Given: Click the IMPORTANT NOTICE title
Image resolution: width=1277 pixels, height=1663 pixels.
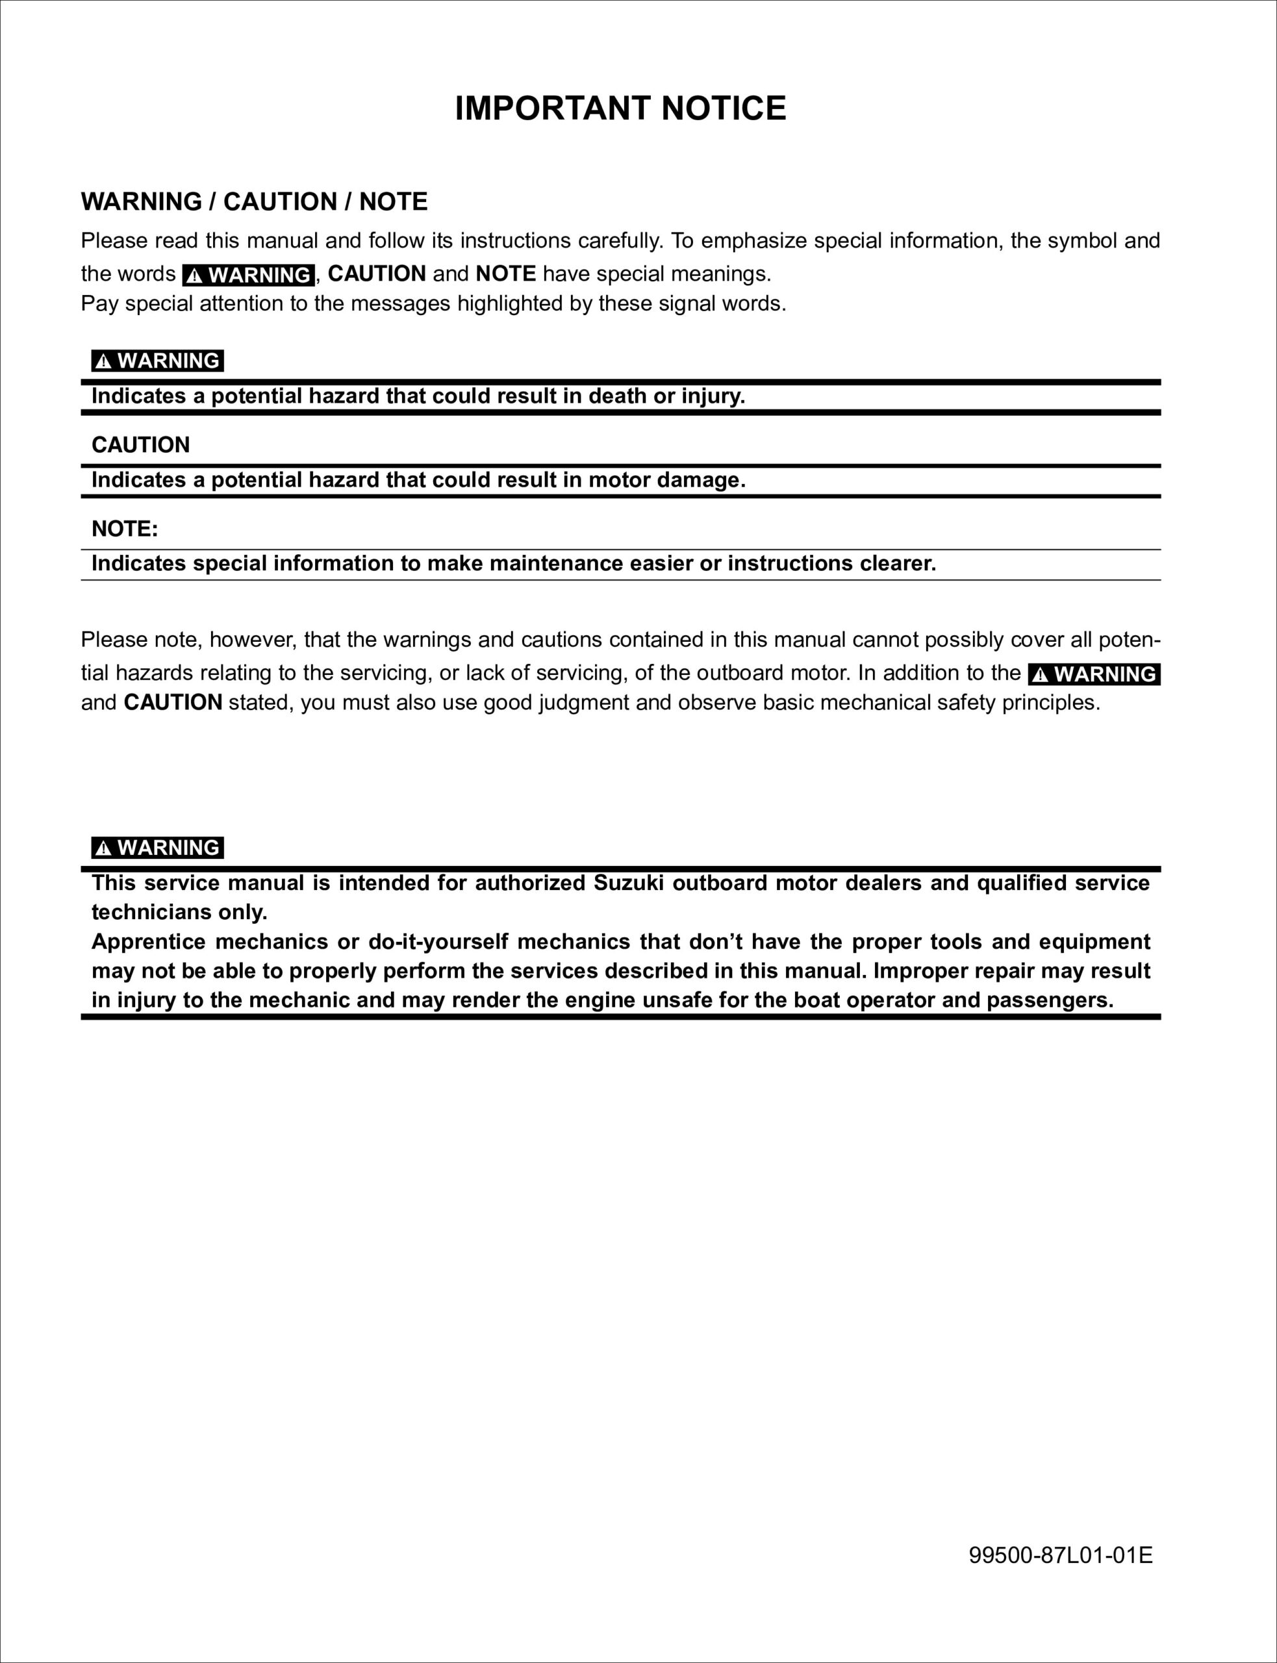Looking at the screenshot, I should coord(620,108).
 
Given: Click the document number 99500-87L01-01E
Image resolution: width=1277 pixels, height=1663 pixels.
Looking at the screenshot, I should coord(1060,1555).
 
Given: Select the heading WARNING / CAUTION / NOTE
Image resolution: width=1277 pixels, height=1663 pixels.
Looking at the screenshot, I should coord(254,201).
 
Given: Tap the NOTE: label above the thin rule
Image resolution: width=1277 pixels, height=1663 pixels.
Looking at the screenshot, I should coord(125,529).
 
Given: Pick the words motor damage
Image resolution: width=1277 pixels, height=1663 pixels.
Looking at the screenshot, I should coord(666,480).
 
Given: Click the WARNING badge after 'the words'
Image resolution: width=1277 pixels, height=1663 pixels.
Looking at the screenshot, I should coord(249,274).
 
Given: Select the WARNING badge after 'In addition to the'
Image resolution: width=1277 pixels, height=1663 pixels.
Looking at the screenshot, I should coord(1094,674).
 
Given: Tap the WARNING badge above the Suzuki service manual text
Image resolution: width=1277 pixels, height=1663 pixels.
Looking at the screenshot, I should coord(157,848).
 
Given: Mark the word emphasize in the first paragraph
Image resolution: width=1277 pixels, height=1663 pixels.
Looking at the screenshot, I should coord(754,241).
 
